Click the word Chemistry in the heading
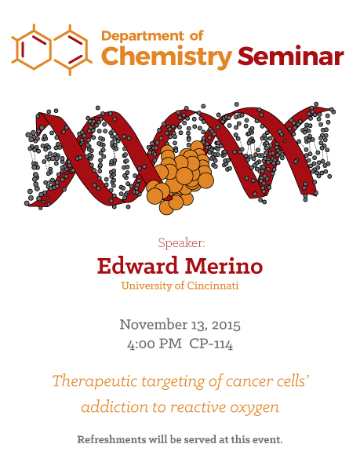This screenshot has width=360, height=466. pos(166,57)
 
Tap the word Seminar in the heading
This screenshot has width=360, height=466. pos(291,56)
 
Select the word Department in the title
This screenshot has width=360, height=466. pos(143,37)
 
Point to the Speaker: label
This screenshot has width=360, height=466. pos(181,243)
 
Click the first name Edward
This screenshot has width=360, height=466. pos(137,266)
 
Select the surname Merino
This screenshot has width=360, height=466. pos(224,266)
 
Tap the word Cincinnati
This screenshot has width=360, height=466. pos(213,286)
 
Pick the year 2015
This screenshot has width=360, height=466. pos(226,325)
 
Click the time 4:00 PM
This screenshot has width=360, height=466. pos(155,344)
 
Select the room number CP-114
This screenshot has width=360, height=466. pos(211,344)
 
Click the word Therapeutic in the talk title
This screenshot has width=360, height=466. pos(95,381)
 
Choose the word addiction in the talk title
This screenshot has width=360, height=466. pos(115,406)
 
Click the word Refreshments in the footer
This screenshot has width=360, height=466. pos(111,439)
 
